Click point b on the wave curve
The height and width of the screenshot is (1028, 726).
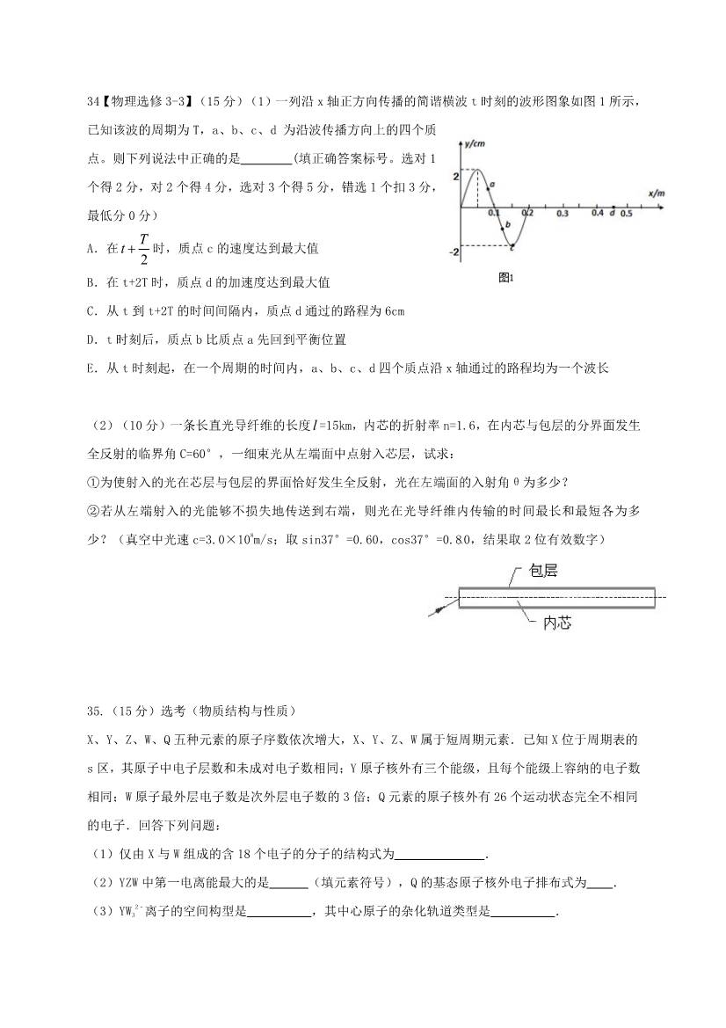point(502,228)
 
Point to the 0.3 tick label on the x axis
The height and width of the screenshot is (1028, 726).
point(563,214)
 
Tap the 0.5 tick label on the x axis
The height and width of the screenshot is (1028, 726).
point(627,214)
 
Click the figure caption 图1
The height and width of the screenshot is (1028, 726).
point(505,278)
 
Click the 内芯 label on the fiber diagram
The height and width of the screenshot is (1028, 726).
point(557,622)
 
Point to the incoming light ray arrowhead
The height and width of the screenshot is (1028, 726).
point(432,612)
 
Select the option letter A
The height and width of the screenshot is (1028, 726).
point(91,250)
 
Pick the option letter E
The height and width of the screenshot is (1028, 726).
point(91,369)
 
